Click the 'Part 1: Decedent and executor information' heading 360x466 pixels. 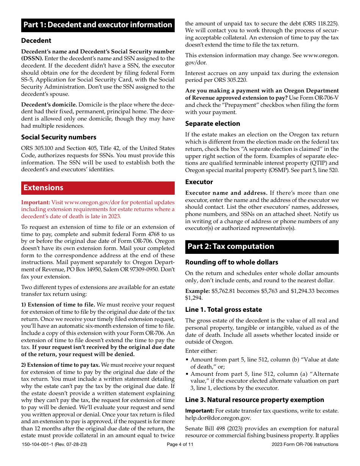pyautogui.click(x=98, y=25)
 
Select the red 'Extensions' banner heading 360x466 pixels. pyautogui.click(x=44, y=188)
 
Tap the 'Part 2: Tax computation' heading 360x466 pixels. pyautogui.click(x=230, y=247)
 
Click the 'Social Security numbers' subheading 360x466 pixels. pyautogui.click(x=59, y=137)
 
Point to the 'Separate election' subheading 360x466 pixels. pyautogui.click(x=212, y=124)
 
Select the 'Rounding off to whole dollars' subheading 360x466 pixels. pyautogui.click(x=232, y=262)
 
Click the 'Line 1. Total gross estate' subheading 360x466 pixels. pyautogui.click(x=223, y=310)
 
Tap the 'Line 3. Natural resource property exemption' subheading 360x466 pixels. pyautogui.click(x=254, y=400)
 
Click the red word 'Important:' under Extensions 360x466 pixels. pyautogui.click(x=35, y=202)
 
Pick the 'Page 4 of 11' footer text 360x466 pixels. pyautogui.click(x=180, y=444)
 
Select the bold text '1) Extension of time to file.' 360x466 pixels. pyautogui.click(x=58, y=305)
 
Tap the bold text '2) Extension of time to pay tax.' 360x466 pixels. pyautogui.click(x=61, y=365)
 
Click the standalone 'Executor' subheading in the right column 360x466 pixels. pyautogui.click(x=199, y=182)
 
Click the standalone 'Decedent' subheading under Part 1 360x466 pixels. pyautogui.click(x=36, y=41)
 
